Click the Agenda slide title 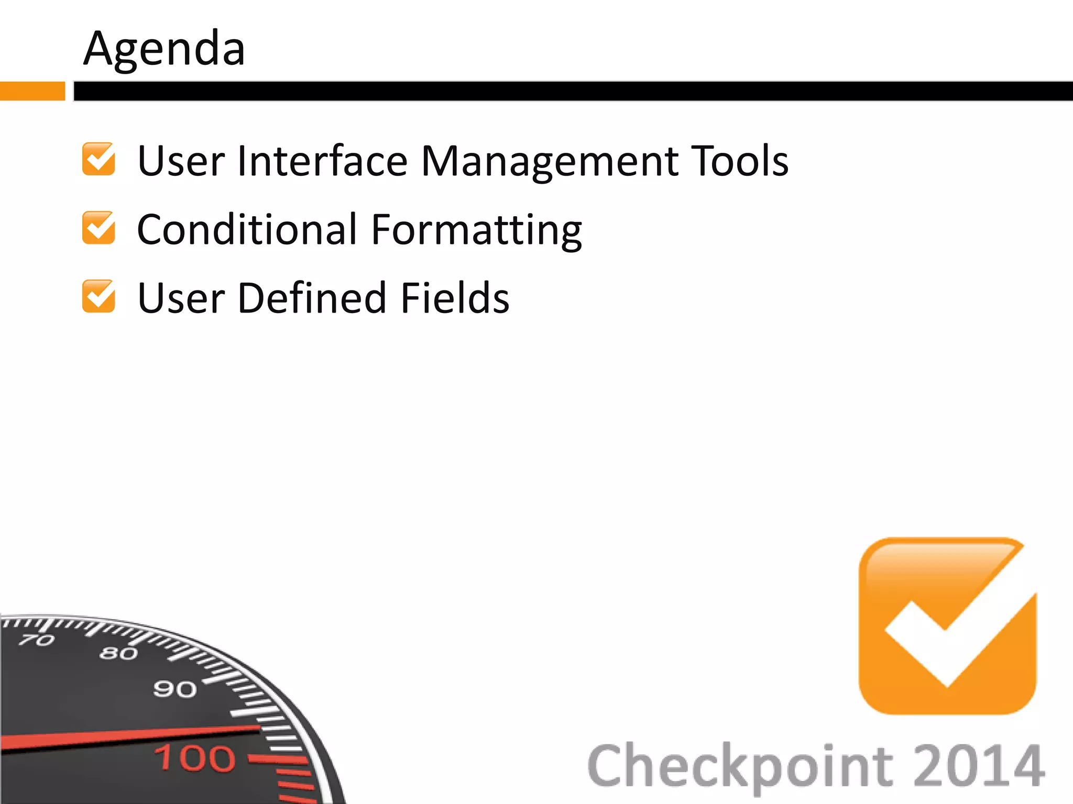pyautogui.click(x=164, y=49)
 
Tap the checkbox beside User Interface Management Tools pyautogui.click(x=98, y=159)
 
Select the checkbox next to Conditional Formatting pyautogui.click(x=98, y=228)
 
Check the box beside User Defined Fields pyautogui.click(x=98, y=296)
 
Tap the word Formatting pyautogui.click(x=477, y=230)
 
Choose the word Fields pyautogui.click(x=454, y=298)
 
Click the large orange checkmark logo pyautogui.click(x=947, y=626)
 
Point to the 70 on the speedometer pyautogui.click(x=37, y=640)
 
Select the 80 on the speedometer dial pyautogui.click(x=118, y=653)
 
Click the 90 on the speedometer pyautogui.click(x=174, y=689)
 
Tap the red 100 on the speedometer pyautogui.click(x=194, y=758)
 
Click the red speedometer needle pyautogui.click(x=131, y=737)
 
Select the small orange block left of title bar pyautogui.click(x=32, y=91)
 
